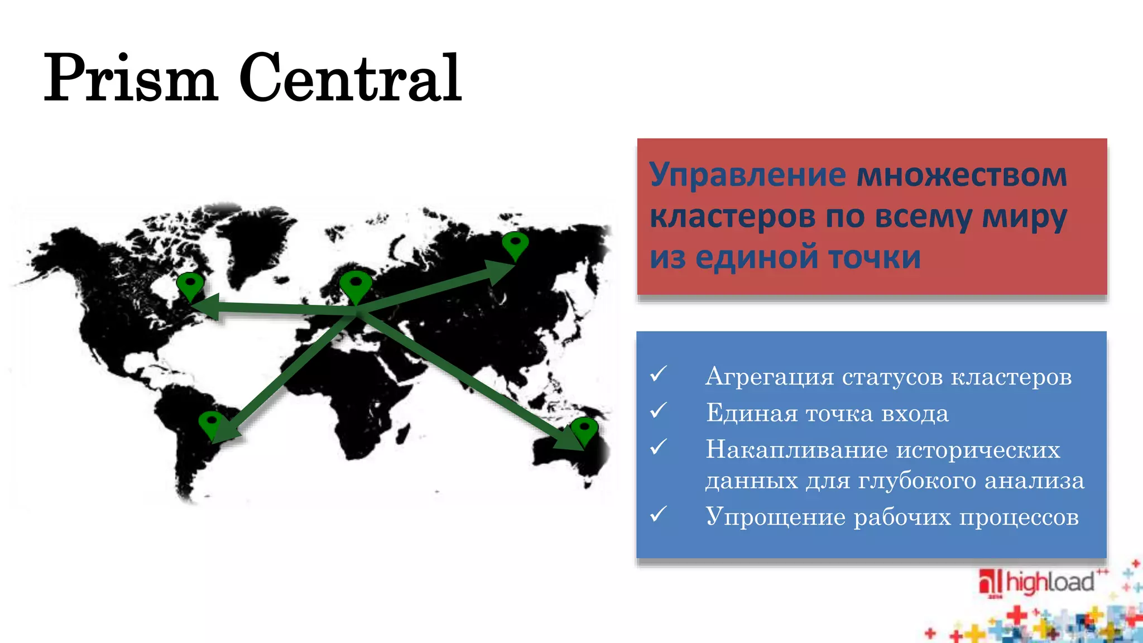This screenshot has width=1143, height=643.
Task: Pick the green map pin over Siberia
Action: (x=515, y=245)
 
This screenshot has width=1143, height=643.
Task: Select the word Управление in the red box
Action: (x=748, y=175)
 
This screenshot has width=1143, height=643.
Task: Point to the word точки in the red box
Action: (x=874, y=257)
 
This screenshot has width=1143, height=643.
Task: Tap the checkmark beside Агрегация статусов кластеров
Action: (x=659, y=374)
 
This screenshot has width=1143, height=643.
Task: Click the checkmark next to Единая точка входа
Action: (x=659, y=411)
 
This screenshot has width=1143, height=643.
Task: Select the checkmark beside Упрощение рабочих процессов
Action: (x=659, y=514)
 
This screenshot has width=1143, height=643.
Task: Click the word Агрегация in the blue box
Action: (x=770, y=377)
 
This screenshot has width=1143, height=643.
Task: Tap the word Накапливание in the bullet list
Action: (x=796, y=450)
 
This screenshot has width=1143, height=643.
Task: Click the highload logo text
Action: (x=1049, y=582)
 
